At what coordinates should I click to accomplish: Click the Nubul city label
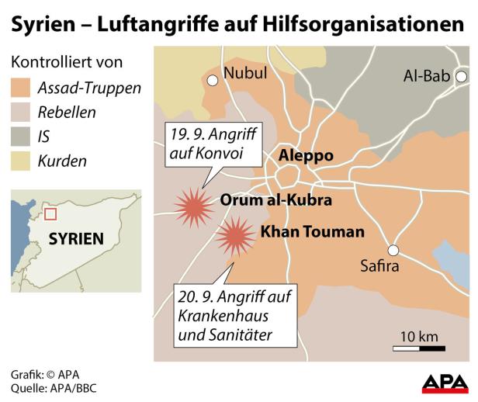tap(244, 73)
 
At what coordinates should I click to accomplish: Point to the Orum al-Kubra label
tap(276, 200)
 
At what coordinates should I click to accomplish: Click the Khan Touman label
tap(312, 231)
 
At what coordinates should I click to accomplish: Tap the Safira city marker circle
tap(393, 250)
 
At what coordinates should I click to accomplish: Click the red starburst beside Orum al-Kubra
tap(193, 206)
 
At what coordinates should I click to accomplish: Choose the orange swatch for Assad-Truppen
tap(21, 88)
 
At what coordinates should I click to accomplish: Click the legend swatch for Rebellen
tap(21, 113)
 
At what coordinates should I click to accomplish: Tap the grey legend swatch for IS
tap(21, 137)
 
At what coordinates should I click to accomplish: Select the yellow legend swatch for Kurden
tap(21, 161)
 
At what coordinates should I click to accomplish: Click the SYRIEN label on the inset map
tap(75, 238)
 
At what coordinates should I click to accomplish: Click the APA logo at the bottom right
tap(444, 383)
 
